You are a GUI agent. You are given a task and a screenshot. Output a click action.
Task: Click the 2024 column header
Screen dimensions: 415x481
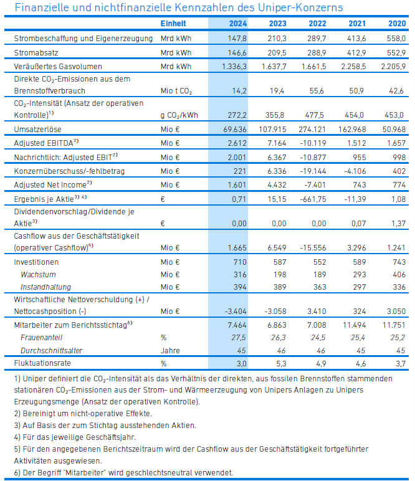237,24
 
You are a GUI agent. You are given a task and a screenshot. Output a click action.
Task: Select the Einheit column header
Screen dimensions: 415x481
173,24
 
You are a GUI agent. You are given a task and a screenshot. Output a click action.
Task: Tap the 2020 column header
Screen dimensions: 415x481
397,24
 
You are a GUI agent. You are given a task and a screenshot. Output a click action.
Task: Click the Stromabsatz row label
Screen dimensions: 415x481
36,53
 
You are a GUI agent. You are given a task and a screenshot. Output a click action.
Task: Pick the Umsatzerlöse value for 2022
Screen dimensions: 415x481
312,130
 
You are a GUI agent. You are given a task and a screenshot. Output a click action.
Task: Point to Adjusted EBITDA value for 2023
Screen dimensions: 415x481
277,143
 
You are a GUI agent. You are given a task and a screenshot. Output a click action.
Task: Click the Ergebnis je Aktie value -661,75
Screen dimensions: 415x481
313,199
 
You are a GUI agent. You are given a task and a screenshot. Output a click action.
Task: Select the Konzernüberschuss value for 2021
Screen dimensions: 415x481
355,171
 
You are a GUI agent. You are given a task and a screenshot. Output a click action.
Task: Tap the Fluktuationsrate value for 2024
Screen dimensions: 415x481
241,363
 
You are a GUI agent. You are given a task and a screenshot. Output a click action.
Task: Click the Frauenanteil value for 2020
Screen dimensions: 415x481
398,338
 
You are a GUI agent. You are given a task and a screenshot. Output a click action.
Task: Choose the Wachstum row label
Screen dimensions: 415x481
38,275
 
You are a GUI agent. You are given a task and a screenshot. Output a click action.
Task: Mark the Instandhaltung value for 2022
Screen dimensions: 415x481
319,287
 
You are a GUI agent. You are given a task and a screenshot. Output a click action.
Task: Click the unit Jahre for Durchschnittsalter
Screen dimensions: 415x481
170,351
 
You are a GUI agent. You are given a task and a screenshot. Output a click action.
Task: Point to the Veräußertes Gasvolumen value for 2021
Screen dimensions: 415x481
353,67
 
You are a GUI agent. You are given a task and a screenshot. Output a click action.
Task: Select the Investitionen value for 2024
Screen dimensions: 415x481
240,262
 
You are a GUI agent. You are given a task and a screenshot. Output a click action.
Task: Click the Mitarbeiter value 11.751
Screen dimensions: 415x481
394,325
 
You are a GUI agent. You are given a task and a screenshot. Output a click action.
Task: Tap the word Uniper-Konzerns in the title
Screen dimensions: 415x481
300,7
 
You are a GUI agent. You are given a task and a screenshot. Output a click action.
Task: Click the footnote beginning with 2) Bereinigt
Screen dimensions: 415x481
83,414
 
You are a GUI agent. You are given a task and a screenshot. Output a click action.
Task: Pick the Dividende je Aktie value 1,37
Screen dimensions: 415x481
398,223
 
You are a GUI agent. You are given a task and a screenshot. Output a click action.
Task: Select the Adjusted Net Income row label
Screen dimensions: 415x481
53,185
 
